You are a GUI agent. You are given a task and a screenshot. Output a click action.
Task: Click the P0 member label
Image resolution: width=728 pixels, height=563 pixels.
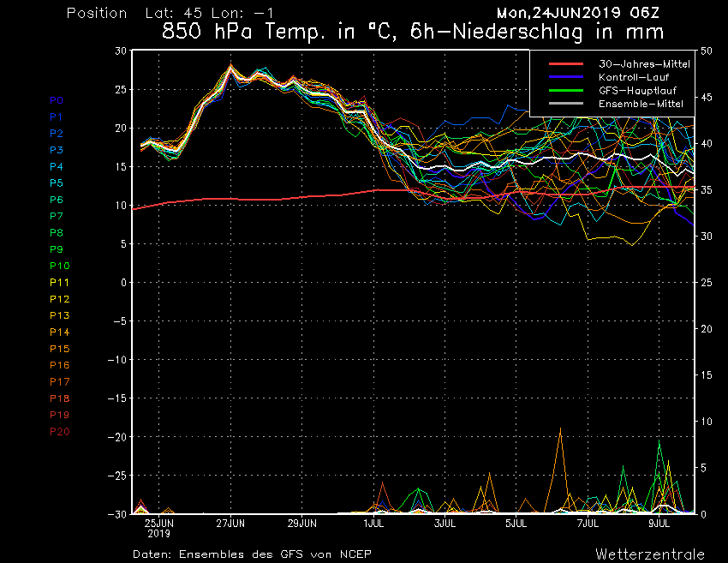click(57, 100)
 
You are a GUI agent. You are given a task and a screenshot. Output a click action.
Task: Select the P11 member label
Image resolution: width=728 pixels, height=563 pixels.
click(60, 283)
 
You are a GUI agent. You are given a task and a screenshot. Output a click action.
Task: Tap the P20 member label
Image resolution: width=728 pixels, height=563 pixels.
click(60, 432)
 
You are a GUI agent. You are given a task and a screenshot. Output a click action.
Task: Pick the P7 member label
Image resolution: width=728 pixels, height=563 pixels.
click(57, 216)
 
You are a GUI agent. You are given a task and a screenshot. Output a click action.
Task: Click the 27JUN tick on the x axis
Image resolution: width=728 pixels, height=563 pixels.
click(230, 524)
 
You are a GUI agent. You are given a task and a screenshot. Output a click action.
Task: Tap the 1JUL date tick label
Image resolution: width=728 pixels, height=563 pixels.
click(373, 524)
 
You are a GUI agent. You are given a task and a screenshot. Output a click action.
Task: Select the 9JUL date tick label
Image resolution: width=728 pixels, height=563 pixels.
click(659, 524)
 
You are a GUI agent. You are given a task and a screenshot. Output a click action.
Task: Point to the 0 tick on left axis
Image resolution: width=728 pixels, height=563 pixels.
click(123, 283)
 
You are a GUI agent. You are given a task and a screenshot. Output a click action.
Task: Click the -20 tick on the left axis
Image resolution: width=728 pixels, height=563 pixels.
click(117, 437)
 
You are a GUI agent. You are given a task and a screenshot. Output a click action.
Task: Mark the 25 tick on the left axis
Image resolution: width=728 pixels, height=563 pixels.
click(121, 90)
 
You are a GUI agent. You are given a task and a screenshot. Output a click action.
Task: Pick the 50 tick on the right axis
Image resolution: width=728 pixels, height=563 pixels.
click(707, 51)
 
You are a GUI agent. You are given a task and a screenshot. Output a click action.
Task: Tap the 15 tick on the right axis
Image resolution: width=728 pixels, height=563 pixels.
click(707, 375)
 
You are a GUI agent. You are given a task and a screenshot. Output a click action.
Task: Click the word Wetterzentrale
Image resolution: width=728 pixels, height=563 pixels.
click(650, 554)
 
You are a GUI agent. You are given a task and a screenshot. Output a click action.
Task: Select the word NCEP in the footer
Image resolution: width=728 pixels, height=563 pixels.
click(355, 554)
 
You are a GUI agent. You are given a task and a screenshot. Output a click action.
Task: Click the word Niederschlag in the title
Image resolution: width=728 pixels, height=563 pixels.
click(517, 33)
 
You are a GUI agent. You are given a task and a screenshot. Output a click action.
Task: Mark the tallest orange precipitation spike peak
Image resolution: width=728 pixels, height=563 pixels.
click(560, 428)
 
